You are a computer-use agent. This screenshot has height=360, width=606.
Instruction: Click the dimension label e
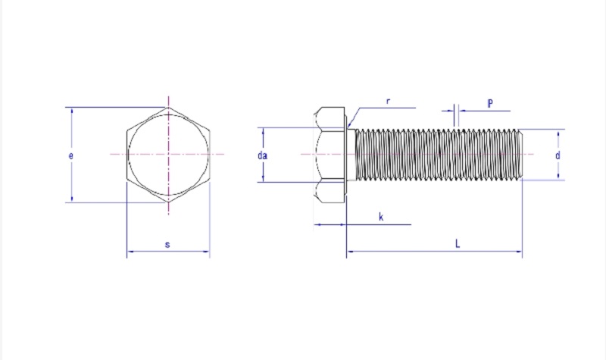tap(70, 156)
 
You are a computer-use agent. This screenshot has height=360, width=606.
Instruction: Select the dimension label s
tap(167, 244)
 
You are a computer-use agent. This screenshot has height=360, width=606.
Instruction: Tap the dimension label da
tap(262, 155)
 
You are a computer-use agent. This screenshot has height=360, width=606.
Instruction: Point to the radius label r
tap(388, 102)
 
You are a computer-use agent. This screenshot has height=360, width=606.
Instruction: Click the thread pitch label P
tap(490, 103)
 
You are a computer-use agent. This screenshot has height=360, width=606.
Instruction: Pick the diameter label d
tap(558, 155)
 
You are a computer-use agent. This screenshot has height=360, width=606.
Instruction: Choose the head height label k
tap(381, 217)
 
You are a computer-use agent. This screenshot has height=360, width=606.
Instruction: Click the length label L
tap(458, 243)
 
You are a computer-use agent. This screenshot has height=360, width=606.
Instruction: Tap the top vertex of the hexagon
tap(168, 108)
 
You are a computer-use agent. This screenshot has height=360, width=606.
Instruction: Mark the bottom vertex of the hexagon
tap(168, 202)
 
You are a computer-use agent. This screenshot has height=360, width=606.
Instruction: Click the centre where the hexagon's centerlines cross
tap(168, 155)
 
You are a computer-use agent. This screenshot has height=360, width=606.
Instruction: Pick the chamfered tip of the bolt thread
tap(521, 155)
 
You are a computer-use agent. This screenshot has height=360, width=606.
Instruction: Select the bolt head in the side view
tap(330, 155)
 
